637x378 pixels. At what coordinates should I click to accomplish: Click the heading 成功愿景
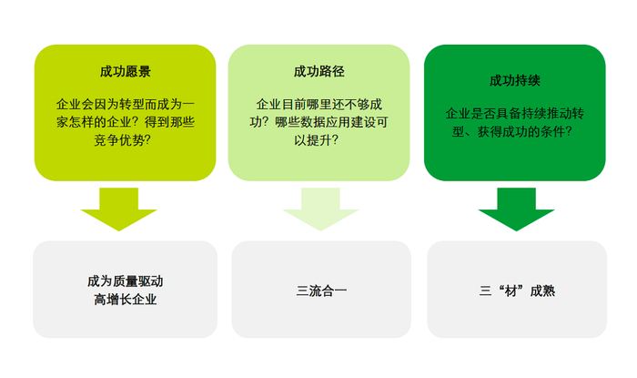coord(126,71)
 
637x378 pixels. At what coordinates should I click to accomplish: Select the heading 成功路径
coord(318,71)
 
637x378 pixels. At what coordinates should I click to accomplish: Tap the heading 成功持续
coord(515,80)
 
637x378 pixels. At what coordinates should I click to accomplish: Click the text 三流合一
coord(321,291)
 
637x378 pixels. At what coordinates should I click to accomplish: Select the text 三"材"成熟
coord(517,291)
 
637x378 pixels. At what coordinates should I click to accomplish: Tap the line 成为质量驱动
coord(126,281)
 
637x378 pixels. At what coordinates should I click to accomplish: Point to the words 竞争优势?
coord(126,140)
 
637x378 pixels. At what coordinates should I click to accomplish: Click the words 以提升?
coord(318,140)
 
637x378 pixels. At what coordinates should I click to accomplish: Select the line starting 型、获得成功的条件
coord(515,131)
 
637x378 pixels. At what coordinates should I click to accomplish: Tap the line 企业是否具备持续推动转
coord(515,114)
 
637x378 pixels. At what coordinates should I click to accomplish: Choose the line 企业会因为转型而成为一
coord(126,106)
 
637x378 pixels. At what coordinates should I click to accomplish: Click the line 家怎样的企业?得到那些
coord(126,123)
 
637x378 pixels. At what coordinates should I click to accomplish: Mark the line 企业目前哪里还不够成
coord(318,106)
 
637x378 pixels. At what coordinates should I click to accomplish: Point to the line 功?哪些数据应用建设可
coord(318,123)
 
